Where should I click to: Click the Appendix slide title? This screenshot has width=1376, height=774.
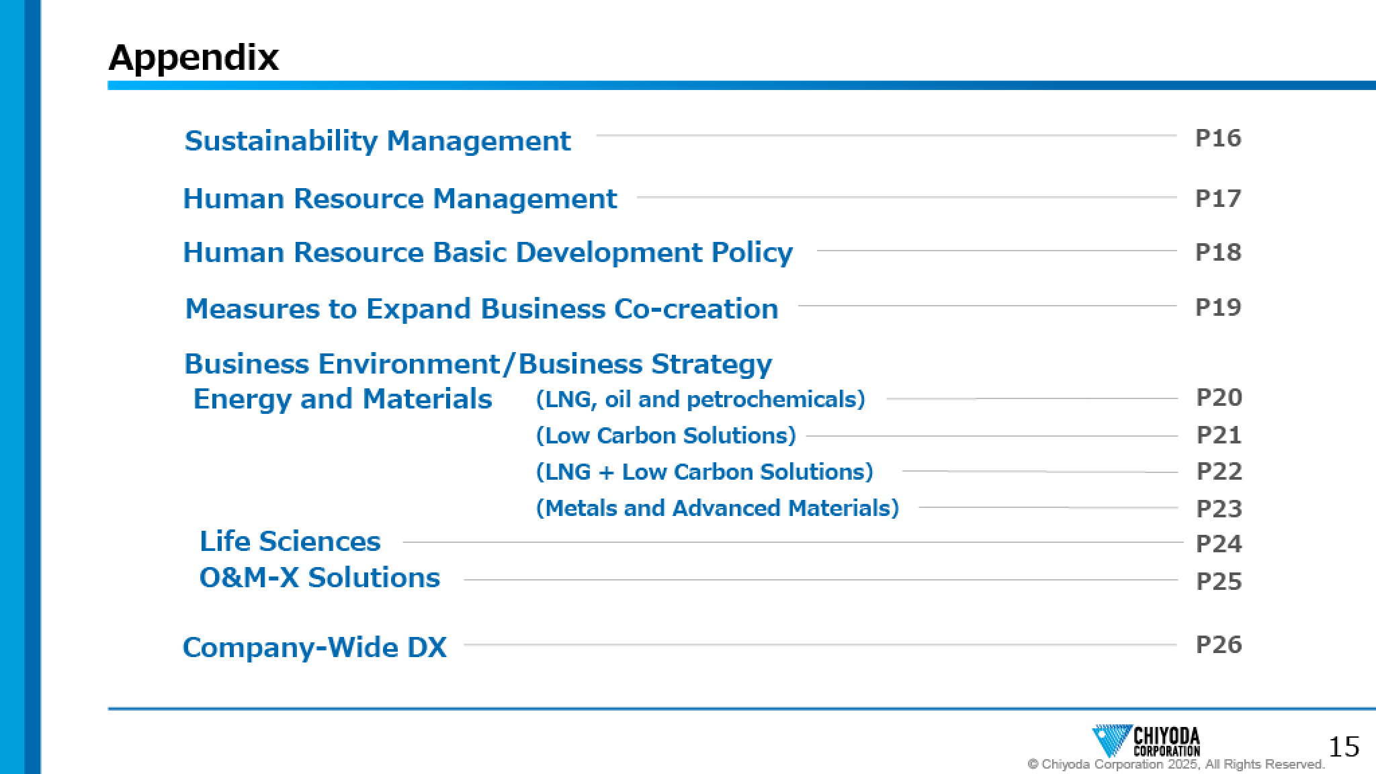193,58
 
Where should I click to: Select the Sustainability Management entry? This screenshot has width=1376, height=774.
378,141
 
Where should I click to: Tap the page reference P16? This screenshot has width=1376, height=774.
1218,138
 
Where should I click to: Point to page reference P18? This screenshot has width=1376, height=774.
1218,252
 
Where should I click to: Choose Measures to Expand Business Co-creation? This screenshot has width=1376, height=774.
482,309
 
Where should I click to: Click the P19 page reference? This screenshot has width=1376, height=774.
1218,307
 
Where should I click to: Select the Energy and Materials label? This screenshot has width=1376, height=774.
343,399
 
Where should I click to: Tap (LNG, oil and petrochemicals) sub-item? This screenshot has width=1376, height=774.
700,400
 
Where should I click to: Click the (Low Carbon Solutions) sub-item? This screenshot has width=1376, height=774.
666,436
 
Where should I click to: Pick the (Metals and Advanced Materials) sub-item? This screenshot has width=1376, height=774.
718,509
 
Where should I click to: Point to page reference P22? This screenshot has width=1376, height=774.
1219,471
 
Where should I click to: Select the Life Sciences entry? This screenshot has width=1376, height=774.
290,542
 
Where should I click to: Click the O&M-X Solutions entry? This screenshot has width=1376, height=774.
320,578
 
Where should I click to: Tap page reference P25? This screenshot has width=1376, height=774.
1219,581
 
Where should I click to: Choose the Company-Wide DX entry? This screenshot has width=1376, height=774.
314,648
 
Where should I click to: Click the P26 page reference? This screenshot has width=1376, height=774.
1219,644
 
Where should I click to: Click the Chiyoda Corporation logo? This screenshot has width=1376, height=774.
1146,741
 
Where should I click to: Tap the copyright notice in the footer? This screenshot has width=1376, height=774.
1176,765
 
